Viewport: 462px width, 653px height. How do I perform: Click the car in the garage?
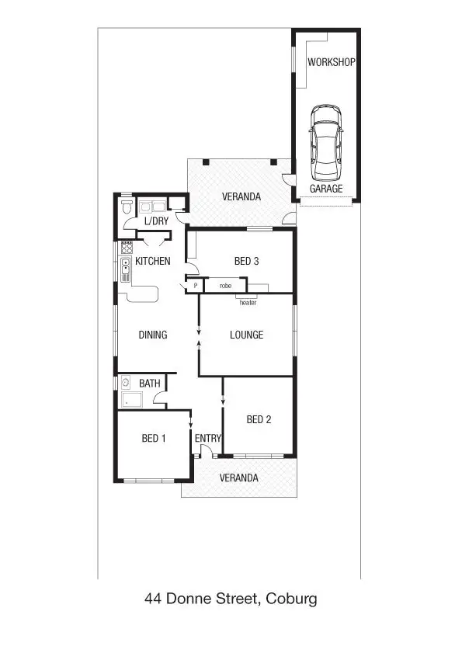pos(325,141)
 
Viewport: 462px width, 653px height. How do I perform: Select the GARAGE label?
pos(326,189)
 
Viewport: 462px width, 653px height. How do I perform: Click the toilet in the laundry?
pos(127,207)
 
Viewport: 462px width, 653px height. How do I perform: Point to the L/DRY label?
pos(156,221)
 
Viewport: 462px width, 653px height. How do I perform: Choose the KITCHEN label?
pos(152,261)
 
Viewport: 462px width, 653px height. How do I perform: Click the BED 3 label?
pos(246,261)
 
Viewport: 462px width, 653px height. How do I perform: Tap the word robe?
pos(225,286)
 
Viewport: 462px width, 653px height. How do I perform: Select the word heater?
pos(248,302)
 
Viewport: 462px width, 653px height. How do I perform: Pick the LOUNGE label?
pos(246,335)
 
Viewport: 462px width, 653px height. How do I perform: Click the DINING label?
pos(153,335)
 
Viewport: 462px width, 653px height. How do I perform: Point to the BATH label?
pos(150,384)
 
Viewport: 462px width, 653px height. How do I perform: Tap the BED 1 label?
pos(154,439)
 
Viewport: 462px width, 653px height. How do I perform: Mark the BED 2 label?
pos(259,420)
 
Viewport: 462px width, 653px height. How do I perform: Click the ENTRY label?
pos(208,439)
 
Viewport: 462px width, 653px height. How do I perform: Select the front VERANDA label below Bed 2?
pos(238,478)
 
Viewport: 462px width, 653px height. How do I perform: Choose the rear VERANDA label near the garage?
pos(241,196)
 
